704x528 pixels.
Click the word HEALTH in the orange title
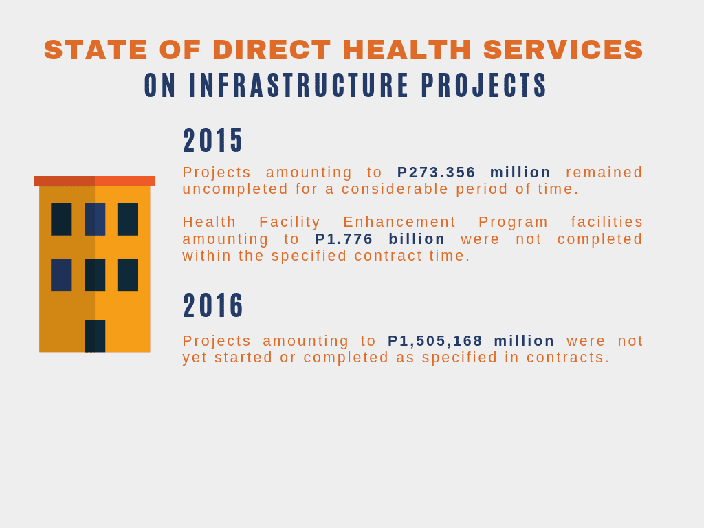(407, 49)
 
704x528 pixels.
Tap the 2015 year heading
(213, 140)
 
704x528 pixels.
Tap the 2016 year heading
(213, 306)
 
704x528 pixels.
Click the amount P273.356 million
(474, 173)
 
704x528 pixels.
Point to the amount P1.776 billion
(379, 239)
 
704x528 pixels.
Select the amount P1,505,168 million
(471, 341)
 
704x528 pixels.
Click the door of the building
(95, 335)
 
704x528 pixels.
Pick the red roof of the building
(95, 181)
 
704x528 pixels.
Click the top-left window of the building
(61, 219)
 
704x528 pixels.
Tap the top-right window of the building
(128, 219)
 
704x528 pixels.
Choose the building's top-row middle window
(95, 219)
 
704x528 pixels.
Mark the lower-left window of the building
(61, 274)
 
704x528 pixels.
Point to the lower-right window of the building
(128, 274)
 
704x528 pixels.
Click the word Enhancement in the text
(399, 222)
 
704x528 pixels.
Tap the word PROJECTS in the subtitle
(484, 85)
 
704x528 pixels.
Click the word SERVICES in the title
(564, 49)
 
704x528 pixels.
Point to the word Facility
(289, 222)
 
